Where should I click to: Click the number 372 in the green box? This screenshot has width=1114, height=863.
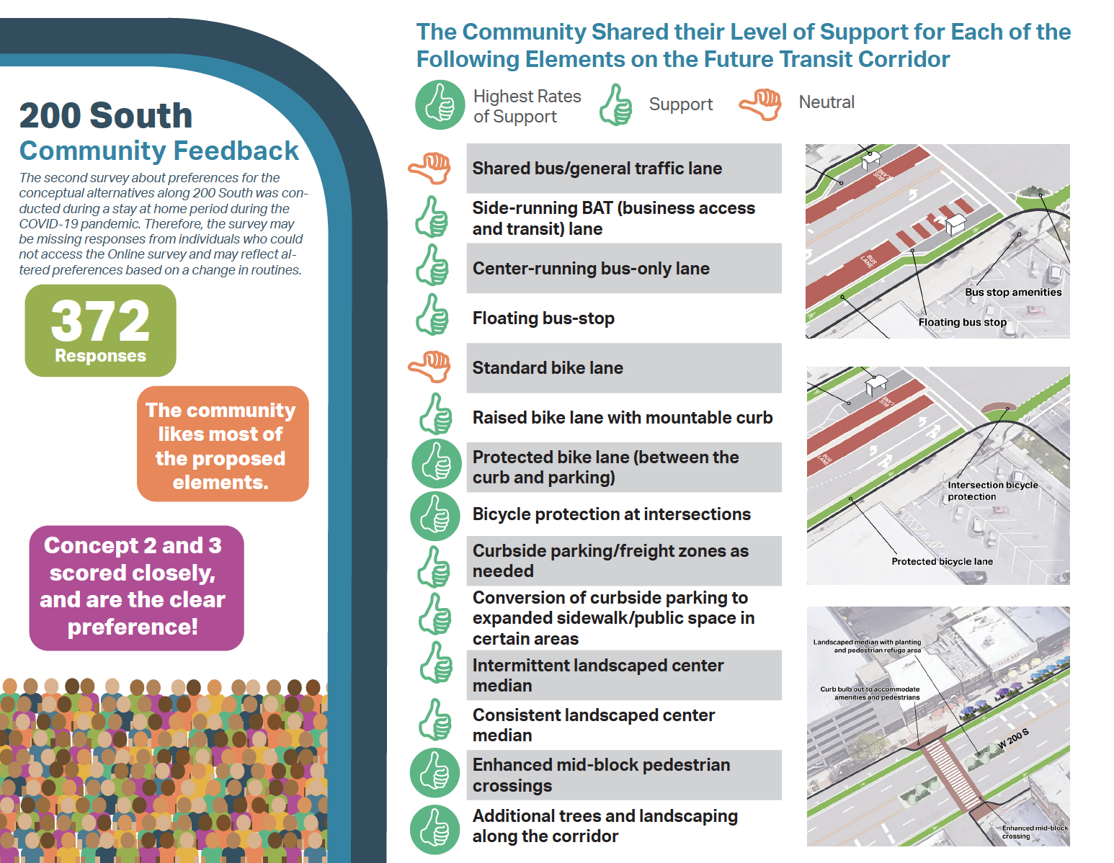tap(100, 321)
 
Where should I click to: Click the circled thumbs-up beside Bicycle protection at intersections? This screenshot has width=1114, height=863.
tap(435, 516)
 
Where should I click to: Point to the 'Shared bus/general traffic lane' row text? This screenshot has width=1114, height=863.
tap(597, 169)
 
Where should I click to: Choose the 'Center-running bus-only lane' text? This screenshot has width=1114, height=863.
tap(591, 269)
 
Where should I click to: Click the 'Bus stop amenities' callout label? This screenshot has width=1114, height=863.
tap(1013, 292)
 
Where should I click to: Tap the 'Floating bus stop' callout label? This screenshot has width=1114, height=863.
tap(962, 323)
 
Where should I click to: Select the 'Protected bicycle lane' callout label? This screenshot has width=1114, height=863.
tap(942, 562)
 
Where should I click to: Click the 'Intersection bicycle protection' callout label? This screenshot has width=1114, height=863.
tap(992, 491)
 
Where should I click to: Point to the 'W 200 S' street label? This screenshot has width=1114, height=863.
tap(1012, 738)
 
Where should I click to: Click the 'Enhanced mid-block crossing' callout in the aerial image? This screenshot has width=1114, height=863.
tap(1034, 832)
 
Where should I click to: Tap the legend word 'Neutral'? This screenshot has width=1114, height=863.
tap(826, 102)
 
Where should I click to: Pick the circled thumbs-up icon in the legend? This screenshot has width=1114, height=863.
tap(440, 105)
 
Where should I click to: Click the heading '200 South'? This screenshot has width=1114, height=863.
tap(106, 116)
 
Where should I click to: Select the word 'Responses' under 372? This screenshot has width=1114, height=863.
tap(100, 356)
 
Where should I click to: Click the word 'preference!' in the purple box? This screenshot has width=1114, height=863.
tap(133, 627)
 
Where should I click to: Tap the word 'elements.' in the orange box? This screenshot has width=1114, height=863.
tap(220, 483)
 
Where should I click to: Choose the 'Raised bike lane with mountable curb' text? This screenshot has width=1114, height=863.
tap(623, 418)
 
